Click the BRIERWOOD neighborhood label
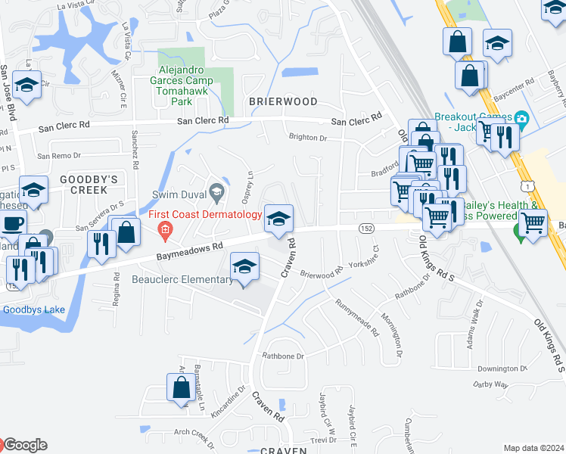282,101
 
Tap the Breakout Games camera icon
521,119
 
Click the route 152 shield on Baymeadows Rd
356,228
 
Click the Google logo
23,445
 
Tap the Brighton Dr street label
306,138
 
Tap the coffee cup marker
12,225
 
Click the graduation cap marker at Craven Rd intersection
278,219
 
